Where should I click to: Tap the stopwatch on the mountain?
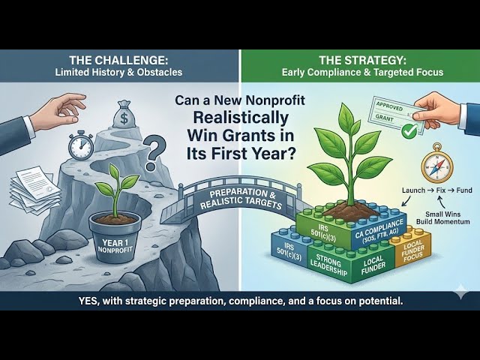[80, 145]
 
